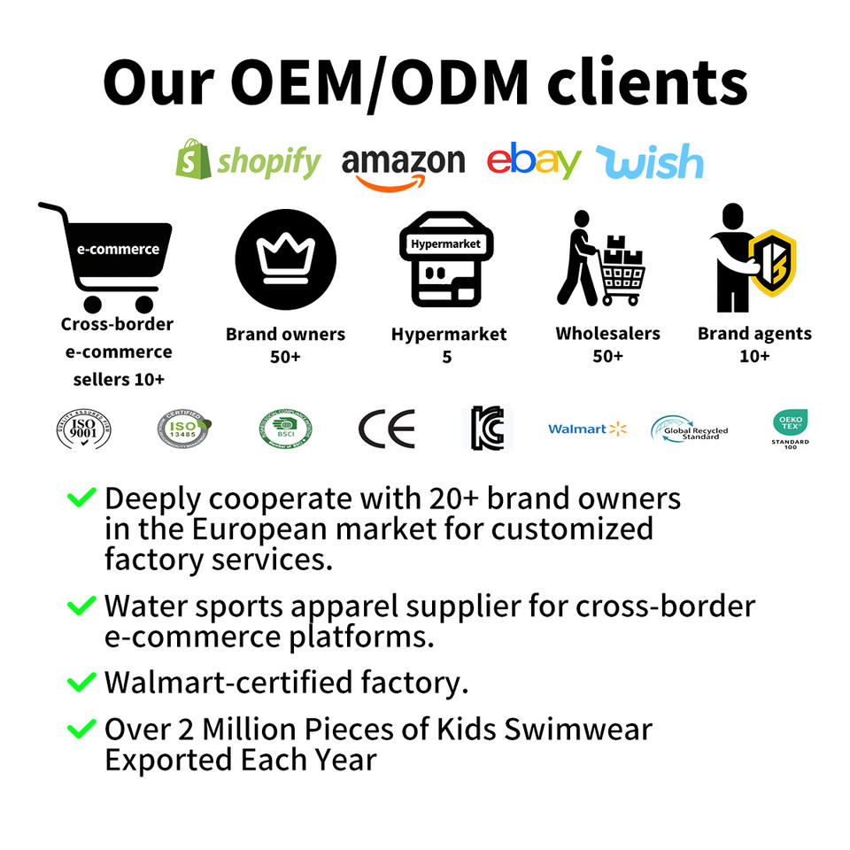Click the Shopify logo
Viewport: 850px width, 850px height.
(248, 160)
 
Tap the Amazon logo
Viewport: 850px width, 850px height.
(403, 165)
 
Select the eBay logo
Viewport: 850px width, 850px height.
(534, 160)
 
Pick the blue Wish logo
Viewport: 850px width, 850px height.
(650, 162)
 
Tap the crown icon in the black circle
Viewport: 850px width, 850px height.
(285, 259)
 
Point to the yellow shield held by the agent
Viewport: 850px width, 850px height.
(772, 263)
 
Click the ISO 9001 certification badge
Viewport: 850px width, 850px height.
(83, 429)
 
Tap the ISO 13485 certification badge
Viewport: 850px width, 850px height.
(184, 429)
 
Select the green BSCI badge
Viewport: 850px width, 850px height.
(285, 429)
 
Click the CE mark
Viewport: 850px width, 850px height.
(386, 429)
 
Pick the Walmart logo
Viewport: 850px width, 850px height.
(587, 429)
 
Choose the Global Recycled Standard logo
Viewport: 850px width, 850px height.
(689, 429)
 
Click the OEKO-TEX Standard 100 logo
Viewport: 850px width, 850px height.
(790, 428)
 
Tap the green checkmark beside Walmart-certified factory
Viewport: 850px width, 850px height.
(81, 683)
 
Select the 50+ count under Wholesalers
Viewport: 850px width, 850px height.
(607, 356)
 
